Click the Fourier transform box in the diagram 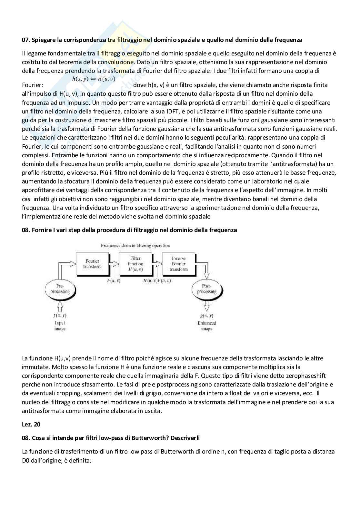[x=92, y=264]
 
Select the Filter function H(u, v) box [x=135, y=264]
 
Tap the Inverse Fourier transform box [x=178, y=264]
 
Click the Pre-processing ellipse [x=60, y=289]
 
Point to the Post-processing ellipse [x=206, y=289]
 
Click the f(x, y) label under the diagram [x=60, y=316]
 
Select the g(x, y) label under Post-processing [x=206, y=316]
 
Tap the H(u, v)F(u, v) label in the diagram [x=157, y=280]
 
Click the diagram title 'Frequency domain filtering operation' [x=135, y=246]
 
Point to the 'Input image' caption [x=60, y=326]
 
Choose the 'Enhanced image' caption [x=206, y=326]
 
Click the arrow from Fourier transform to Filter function [x=114, y=264]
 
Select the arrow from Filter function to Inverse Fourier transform [x=157, y=264]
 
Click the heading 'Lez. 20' [x=31, y=424]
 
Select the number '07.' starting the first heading [x=26, y=40]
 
